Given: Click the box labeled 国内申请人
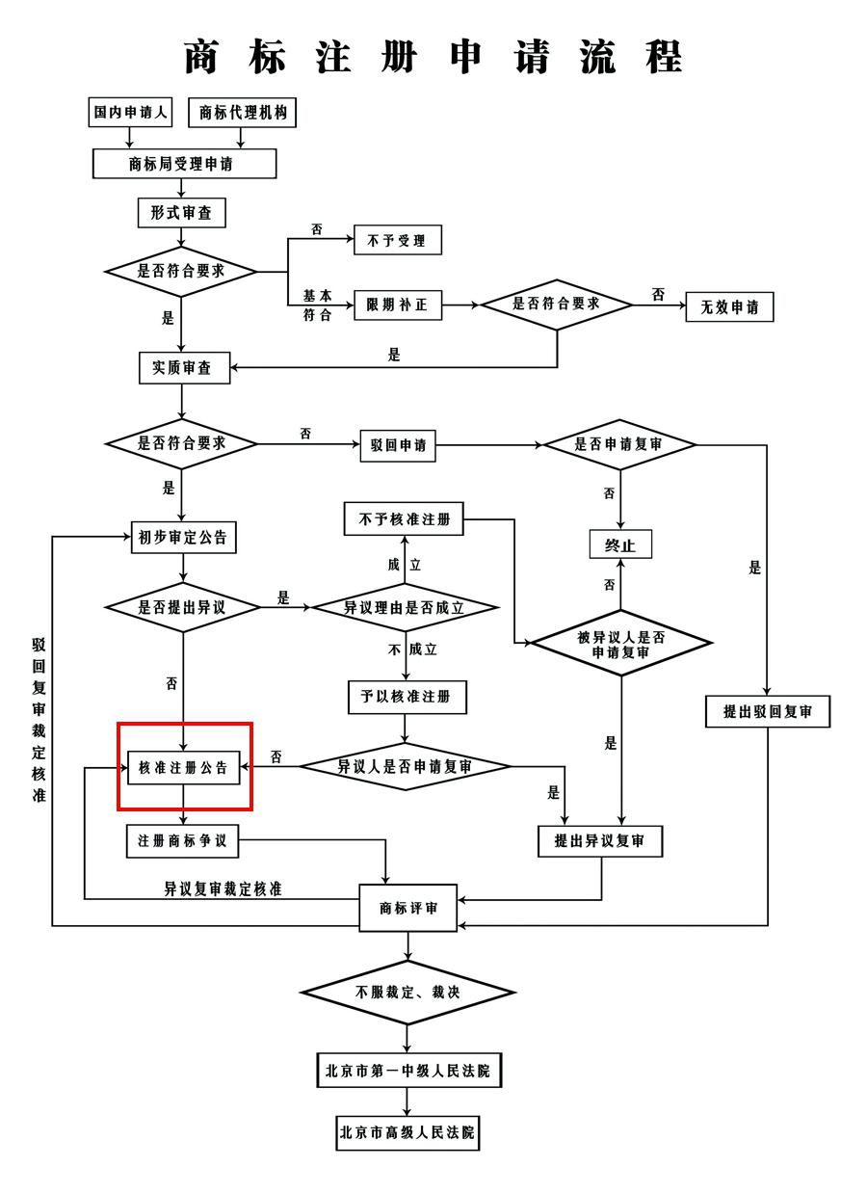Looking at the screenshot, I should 129,113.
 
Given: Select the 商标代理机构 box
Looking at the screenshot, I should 242,113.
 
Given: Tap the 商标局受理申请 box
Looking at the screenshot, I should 184,164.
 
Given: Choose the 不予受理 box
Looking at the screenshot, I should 397,240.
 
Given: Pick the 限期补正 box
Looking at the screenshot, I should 397,305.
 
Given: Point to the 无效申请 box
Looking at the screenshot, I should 729,307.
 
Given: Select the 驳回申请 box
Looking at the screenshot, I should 397,445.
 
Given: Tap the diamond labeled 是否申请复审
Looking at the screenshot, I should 619,445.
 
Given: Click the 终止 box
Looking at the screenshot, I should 620,544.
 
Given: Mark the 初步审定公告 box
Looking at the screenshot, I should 183,538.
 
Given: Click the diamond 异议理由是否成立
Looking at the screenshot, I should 404,608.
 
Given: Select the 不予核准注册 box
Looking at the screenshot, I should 404,520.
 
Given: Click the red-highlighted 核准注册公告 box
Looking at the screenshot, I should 184,767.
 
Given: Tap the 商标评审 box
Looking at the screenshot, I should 408,908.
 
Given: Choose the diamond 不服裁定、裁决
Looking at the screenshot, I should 407,992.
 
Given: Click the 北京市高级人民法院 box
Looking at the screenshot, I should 407,1132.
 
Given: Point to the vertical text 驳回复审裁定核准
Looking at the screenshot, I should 39,719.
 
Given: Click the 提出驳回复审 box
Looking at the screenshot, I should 767,711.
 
